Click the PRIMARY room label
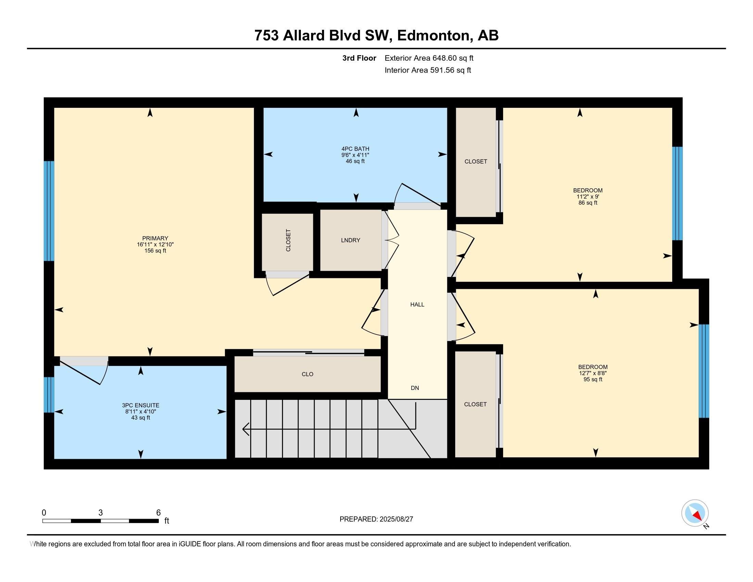pos(155,238)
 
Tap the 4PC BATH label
pos(355,149)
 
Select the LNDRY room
pos(350,240)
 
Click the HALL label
pos(417,304)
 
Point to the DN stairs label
pos(415,388)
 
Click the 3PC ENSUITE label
pos(141,405)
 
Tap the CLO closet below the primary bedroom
pos(308,374)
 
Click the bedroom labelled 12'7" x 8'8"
pos(593,373)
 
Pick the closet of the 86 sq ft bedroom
pos(476,162)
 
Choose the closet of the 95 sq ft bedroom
pos(475,404)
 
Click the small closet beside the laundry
pos(288,242)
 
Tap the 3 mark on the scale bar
pos(101,513)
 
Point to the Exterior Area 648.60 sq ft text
pos(429,58)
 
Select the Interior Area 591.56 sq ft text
pos(427,70)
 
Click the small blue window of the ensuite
pos(49,395)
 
